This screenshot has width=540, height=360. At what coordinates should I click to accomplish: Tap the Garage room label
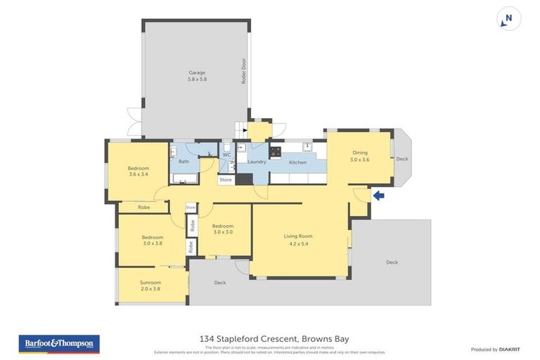(196, 76)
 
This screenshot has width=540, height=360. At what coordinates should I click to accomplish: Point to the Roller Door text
(243, 71)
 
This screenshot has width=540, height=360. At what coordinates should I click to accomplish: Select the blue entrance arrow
(378, 195)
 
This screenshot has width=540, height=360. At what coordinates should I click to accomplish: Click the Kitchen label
(298, 162)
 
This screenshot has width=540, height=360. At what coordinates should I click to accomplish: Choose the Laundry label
(257, 162)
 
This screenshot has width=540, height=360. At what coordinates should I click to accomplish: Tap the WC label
(226, 155)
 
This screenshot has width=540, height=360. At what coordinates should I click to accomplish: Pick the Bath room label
(184, 162)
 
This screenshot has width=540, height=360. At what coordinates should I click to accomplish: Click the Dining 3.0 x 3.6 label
(359, 156)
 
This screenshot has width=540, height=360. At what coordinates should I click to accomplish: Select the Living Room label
(297, 240)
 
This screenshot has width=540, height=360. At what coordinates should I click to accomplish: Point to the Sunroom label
(150, 285)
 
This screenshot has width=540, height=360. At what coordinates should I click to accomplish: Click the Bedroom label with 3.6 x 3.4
(139, 172)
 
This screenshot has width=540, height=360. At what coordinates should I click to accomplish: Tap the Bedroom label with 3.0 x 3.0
(222, 229)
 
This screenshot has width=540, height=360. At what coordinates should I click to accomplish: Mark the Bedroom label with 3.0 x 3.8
(153, 240)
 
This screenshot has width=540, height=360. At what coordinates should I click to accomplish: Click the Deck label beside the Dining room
(401, 159)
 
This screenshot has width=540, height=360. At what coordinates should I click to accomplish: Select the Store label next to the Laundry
(225, 180)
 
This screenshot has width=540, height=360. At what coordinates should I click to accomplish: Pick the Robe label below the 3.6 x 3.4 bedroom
(143, 207)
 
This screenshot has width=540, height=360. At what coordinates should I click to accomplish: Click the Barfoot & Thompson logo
(59, 344)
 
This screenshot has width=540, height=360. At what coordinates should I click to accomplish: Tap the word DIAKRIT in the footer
(509, 349)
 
